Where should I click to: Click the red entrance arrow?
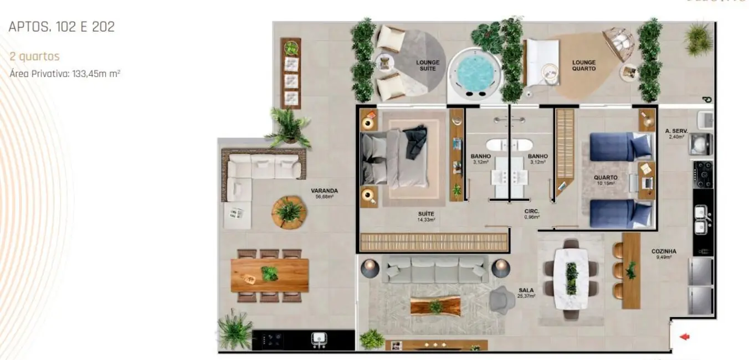click(685, 336)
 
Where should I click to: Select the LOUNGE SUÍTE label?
click(428, 65)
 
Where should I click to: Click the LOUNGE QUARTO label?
click(584, 65)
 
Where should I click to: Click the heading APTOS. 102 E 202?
click(61, 27)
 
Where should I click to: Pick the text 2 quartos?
click(34, 56)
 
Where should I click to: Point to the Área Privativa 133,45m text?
click(65, 73)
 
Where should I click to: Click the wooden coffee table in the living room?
click(435, 306)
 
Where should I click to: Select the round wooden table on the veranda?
click(289, 211)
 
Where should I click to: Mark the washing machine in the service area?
click(700, 144)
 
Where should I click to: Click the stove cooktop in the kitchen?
click(704, 174)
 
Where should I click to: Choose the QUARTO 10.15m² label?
click(606, 180)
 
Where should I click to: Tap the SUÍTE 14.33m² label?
click(426, 216)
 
